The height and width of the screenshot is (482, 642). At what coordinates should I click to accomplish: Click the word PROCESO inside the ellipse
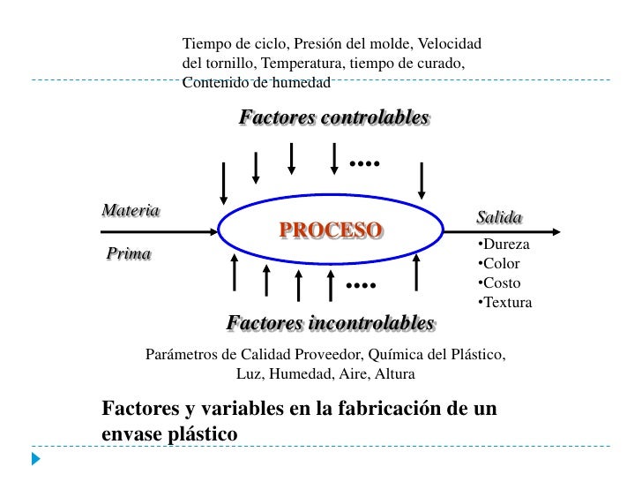(x=331, y=230)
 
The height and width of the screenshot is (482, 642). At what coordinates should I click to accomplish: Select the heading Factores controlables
(x=334, y=117)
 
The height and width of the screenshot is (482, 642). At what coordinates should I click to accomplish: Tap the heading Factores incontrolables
(x=330, y=323)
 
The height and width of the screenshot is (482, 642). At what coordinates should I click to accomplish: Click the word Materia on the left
(x=131, y=211)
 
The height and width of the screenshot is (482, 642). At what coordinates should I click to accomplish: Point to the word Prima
(x=129, y=254)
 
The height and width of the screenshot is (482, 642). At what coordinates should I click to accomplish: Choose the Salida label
(x=499, y=217)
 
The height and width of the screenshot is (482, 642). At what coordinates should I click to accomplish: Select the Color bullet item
(x=497, y=264)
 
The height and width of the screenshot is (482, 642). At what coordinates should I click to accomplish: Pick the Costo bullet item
(x=497, y=283)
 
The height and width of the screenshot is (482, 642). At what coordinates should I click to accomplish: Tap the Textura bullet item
(x=504, y=303)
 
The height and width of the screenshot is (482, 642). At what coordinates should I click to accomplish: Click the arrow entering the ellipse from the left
(x=159, y=233)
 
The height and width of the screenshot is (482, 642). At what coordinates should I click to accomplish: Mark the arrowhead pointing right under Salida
(x=556, y=233)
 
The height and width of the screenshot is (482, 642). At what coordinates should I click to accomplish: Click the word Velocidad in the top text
(x=450, y=43)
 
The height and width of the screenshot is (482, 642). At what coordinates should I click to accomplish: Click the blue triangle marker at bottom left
(x=35, y=460)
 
